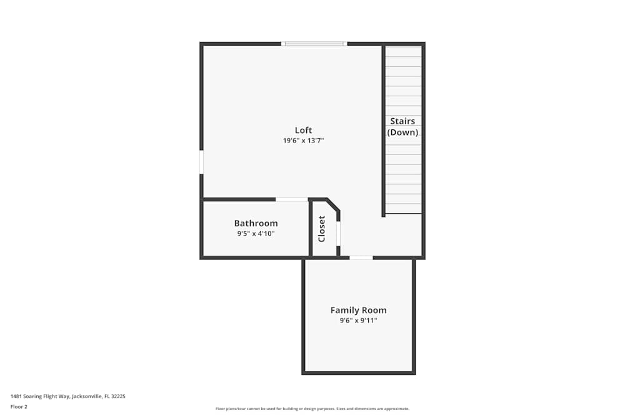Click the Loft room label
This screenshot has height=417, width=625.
point(303,130)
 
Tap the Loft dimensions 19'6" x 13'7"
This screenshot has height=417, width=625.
point(303,141)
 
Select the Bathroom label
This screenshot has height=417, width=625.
point(256,223)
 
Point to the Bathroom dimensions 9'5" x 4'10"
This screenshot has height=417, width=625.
point(256,234)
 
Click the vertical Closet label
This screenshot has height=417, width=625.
point(322,229)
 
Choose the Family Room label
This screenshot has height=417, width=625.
point(358,310)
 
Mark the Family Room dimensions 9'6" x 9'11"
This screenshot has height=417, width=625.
point(358,321)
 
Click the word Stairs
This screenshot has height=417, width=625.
point(402,121)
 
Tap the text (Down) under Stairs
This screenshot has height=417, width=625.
point(402,133)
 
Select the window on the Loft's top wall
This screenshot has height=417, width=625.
point(314,44)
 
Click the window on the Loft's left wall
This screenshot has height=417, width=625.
point(201,162)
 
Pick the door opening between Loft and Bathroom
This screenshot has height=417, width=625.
point(291,199)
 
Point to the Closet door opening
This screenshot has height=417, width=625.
point(338,233)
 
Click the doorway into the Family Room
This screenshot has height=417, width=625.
point(361,258)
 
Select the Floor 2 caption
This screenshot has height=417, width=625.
point(19,406)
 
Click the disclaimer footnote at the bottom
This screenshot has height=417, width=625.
point(312,409)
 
